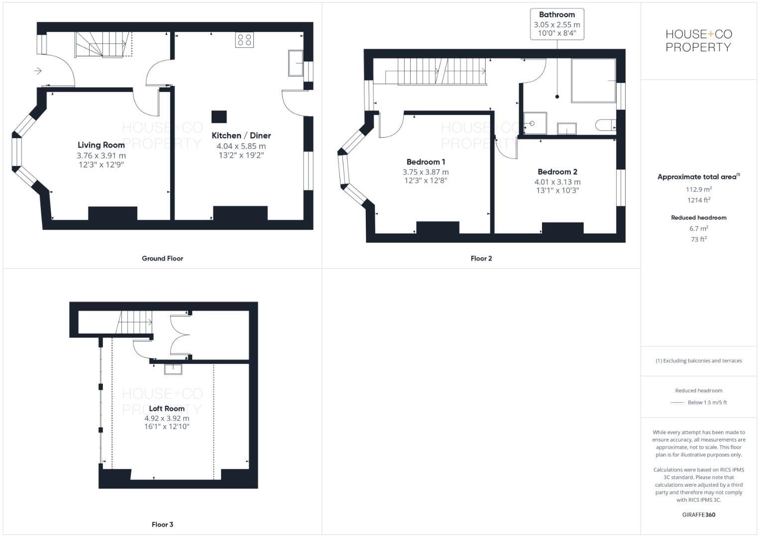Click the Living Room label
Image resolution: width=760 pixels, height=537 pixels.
(101, 145)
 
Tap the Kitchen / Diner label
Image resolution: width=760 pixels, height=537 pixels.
(241, 135)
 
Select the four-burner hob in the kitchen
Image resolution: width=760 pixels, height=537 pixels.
(244, 40)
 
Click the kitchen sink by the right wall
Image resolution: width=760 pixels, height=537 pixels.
(296, 63)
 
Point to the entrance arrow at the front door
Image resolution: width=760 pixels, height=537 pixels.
(38, 71)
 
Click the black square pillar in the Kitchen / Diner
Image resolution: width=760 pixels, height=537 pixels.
(219, 116)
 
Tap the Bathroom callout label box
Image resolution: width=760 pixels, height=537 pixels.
(556, 24)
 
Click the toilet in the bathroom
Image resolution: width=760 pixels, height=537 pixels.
(605, 125)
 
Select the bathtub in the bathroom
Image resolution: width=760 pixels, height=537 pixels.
(593, 81)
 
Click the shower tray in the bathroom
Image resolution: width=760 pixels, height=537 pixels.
(535, 123)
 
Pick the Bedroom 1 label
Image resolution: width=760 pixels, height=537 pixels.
(426, 162)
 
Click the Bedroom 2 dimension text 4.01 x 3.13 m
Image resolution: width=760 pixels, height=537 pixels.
(557, 181)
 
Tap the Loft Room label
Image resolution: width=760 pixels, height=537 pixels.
(167, 408)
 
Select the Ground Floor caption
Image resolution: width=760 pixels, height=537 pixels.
(162, 258)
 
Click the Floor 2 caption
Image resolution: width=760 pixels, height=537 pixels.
(481, 258)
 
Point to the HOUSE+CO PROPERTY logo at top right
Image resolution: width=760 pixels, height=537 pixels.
(698, 41)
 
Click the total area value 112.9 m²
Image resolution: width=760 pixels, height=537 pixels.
(698, 189)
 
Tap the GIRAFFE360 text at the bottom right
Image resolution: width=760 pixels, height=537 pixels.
(698, 515)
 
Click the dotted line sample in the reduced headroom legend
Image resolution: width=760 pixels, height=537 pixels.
(677, 402)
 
